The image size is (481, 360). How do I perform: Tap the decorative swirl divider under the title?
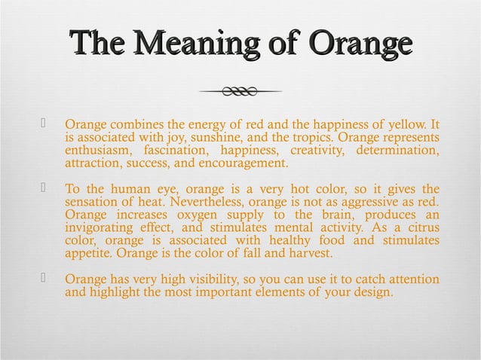coord(240,92)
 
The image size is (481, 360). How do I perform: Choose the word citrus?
coord(418,228)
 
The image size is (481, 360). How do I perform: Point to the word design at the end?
coord(372,293)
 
